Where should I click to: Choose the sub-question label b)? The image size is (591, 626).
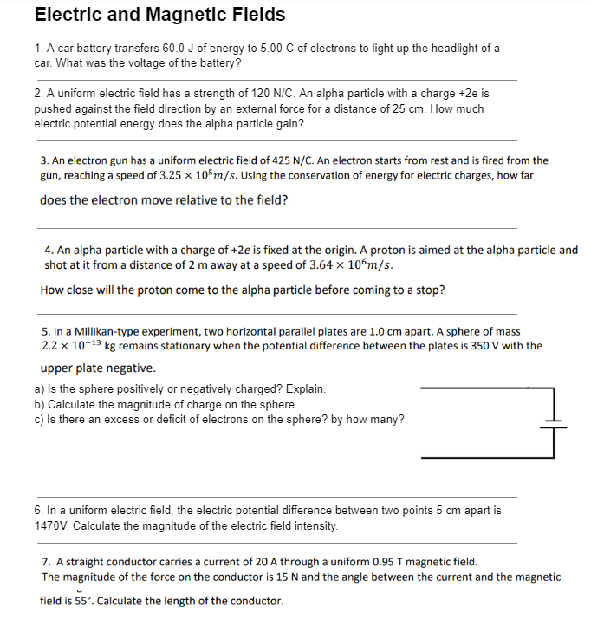click(40, 405)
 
